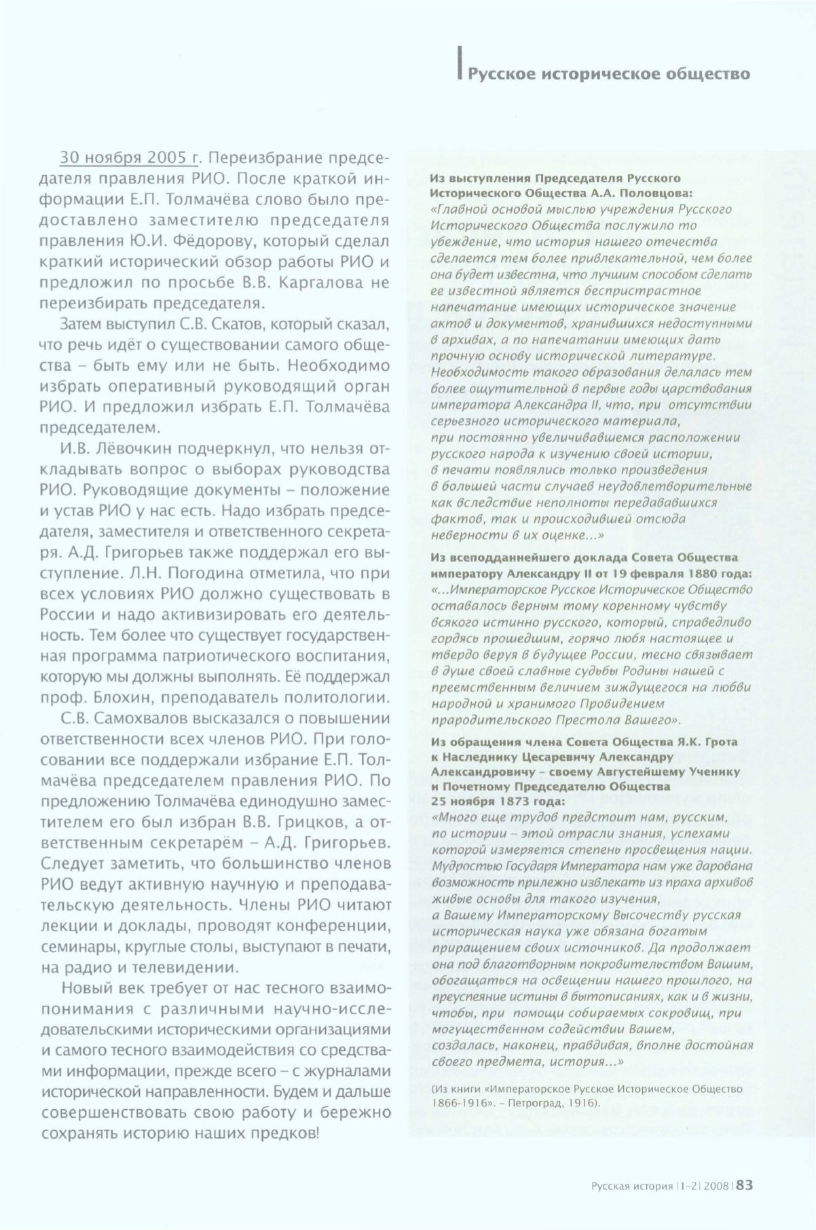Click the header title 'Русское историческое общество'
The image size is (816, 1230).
(609, 73)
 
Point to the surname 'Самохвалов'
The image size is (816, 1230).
(136, 719)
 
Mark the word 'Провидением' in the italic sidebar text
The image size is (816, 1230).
(630, 704)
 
